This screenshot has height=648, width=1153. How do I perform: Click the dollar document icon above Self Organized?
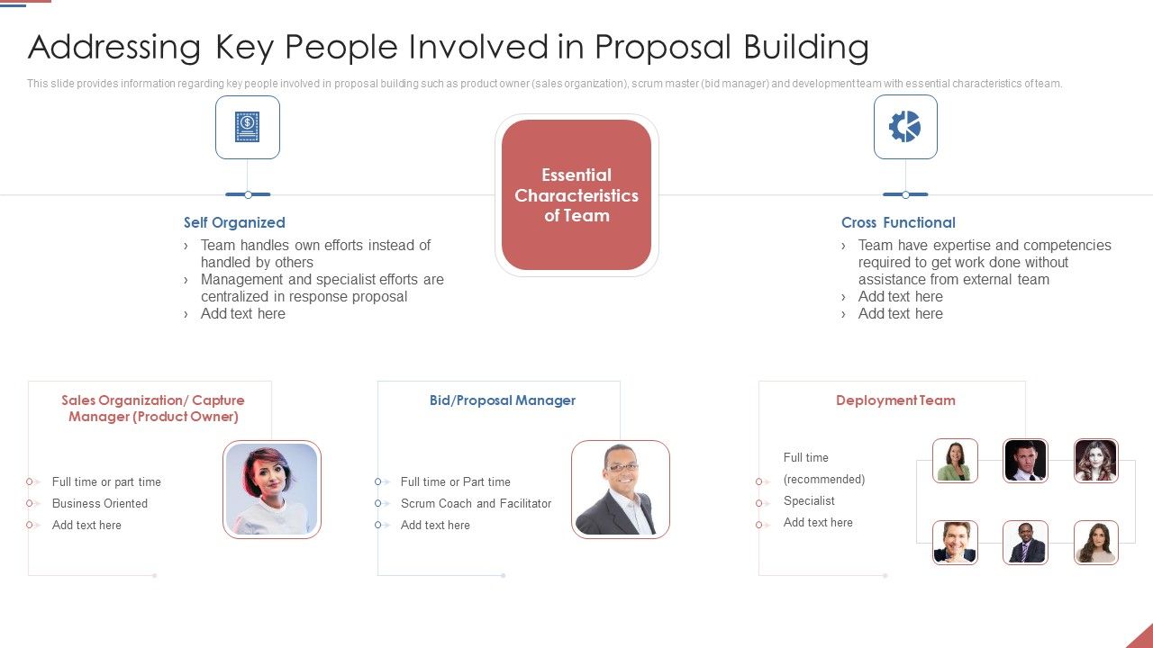[x=247, y=127]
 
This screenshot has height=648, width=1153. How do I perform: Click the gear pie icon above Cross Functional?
[x=905, y=127]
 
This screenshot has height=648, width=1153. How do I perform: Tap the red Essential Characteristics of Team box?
[x=576, y=195]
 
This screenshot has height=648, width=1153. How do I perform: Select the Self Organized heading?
[x=234, y=222]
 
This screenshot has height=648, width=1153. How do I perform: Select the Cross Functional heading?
[x=898, y=222]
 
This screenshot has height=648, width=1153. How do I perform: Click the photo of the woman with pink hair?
[x=272, y=489]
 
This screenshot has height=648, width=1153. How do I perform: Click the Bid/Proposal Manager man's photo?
[x=620, y=489]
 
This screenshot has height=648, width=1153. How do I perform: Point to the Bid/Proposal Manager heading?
[x=502, y=400]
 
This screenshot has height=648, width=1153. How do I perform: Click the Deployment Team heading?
[x=895, y=400]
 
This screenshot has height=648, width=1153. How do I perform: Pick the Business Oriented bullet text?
[x=100, y=503]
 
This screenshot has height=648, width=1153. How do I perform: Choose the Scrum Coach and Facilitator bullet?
[x=476, y=503]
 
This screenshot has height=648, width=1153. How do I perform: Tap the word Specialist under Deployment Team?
[x=809, y=500]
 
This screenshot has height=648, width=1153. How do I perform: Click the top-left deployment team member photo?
[x=955, y=461]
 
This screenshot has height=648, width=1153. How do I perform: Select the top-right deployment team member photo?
[x=1096, y=461]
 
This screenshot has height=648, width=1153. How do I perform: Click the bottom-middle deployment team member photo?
[x=1025, y=543]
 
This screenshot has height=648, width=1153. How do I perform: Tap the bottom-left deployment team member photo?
[x=955, y=543]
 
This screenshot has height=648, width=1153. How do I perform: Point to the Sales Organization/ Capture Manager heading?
[x=153, y=409]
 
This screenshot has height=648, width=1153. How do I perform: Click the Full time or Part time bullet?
[x=455, y=481]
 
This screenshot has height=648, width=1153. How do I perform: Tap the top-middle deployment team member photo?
[x=1025, y=461]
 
